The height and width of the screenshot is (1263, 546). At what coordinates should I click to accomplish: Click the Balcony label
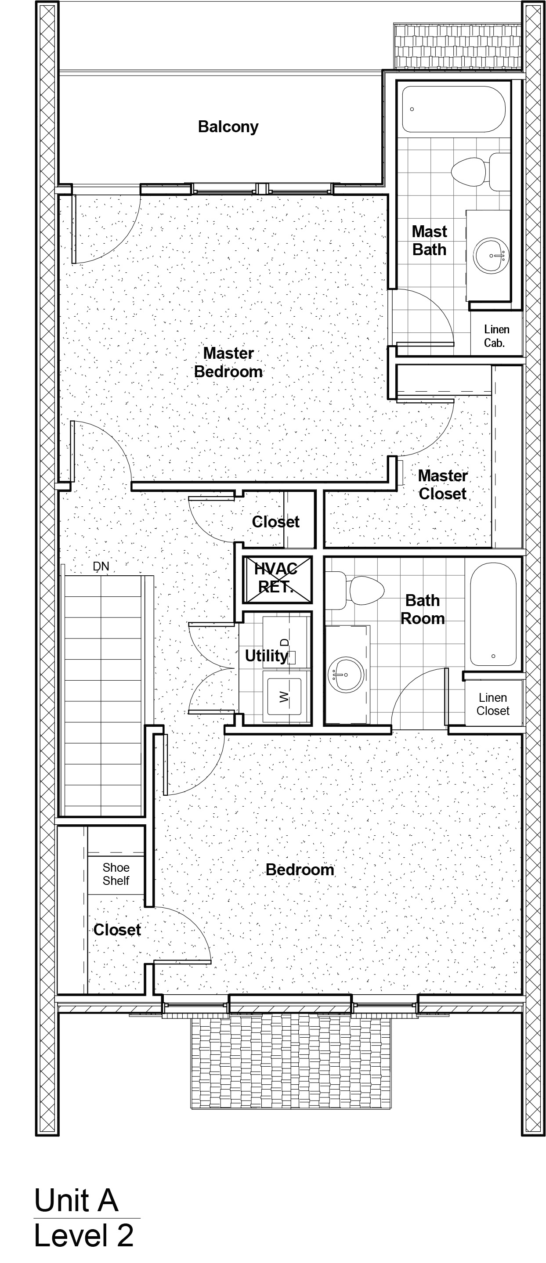228,127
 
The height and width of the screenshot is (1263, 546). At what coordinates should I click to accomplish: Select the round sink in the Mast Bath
491,255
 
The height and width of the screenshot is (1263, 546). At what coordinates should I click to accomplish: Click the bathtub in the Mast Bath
454,109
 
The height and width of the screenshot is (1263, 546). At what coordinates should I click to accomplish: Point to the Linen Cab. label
496,336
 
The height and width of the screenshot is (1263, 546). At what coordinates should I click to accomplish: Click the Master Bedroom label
228,362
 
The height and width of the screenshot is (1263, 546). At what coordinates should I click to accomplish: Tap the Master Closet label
442,484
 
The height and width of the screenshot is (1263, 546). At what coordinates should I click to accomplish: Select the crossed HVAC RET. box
277,579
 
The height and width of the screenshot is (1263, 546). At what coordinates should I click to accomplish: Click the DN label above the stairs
101,567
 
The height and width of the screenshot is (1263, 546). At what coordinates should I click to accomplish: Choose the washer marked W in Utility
286,696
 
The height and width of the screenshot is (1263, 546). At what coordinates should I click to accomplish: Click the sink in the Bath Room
346,675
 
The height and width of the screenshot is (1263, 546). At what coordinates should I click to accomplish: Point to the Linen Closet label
493,704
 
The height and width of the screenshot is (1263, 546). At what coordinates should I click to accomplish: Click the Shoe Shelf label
116,874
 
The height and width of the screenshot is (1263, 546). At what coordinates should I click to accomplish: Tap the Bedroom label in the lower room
300,870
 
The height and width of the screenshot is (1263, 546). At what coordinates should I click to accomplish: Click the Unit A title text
76,1200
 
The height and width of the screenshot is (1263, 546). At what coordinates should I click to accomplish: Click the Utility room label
266,656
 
